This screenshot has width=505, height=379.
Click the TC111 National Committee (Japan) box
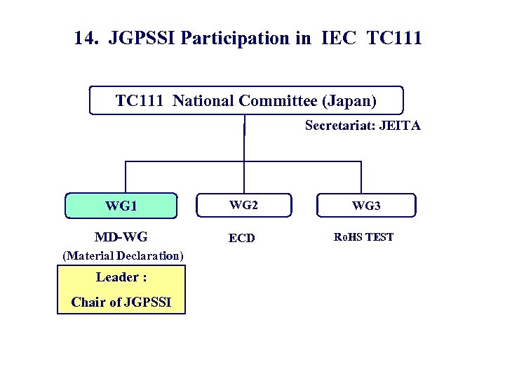click(246, 100)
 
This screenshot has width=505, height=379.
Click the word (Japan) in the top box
click(349, 100)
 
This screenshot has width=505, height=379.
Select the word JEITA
click(401, 126)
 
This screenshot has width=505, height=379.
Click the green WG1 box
click(121, 206)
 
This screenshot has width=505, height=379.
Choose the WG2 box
click(242, 205)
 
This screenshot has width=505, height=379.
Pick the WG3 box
click(366, 206)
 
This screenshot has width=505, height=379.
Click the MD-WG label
click(121, 237)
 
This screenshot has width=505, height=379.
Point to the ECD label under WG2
click(242, 238)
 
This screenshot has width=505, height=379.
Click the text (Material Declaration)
click(123, 255)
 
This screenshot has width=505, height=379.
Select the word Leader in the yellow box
click(116, 277)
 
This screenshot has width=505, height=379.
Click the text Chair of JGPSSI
click(121, 302)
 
